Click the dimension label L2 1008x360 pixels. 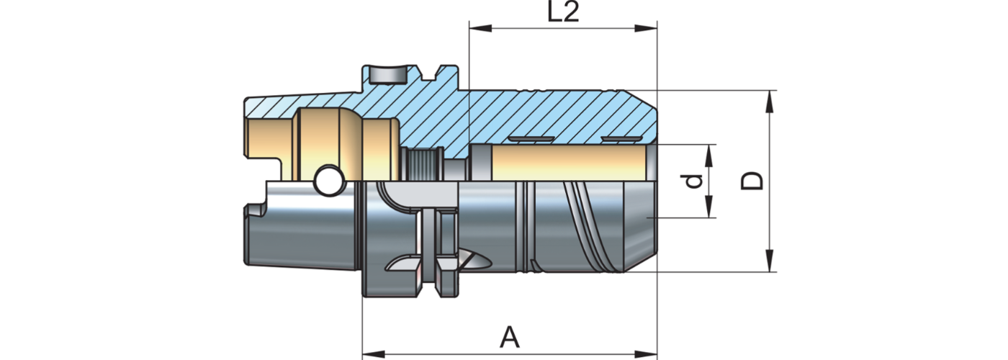point(563,13)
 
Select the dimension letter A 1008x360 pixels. point(510,337)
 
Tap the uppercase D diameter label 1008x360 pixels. point(752,181)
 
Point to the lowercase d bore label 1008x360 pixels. point(693,181)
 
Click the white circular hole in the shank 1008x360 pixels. point(329,181)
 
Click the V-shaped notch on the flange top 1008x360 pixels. point(434,73)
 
